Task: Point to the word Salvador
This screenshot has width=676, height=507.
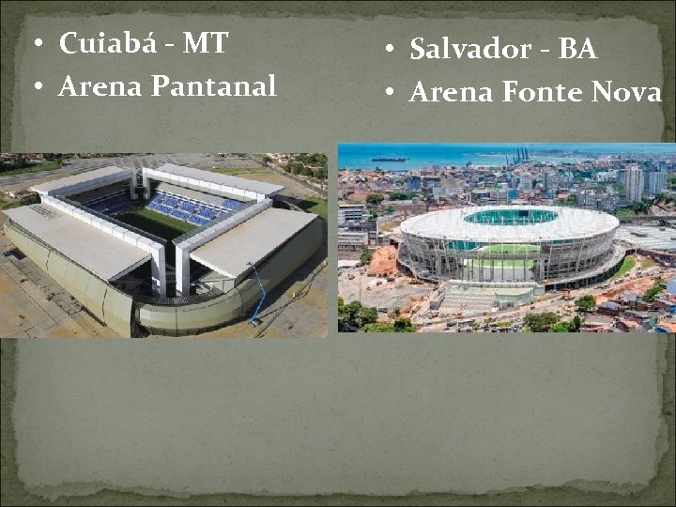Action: (x=469, y=50)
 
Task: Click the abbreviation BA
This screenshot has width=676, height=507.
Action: (x=576, y=50)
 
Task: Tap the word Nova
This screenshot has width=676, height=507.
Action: (x=627, y=93)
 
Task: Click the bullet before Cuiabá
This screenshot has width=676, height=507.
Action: (x=36, y=45)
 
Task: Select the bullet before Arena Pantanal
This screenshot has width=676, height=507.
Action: (x=36, y=88)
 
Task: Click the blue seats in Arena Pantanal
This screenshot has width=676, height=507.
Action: (x=189, y=207)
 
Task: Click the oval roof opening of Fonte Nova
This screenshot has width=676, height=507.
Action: (x=510, y=216)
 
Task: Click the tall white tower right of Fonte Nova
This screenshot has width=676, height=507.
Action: (x=634, y=182)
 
